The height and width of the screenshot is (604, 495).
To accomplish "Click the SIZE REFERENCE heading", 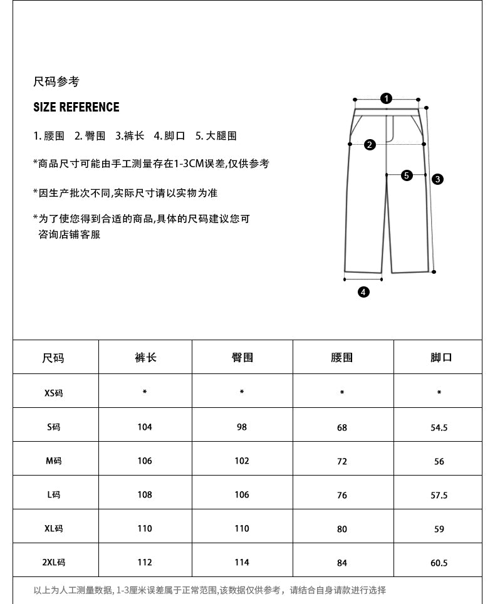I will click(x=76, y=107).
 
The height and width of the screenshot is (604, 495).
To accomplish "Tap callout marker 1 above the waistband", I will click(x=387, y=98).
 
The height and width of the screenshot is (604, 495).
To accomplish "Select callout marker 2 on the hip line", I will click(x=370, y=145).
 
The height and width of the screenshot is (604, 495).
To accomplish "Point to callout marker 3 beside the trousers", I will click(x=438, y=179).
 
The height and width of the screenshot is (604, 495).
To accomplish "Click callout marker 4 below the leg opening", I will click(x=363, y=291).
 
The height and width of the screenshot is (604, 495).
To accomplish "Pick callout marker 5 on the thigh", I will click(x=407, y=175).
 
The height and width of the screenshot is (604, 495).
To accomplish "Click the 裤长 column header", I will click(x=145, y=358).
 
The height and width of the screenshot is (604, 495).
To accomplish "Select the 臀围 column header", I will click(x=242, y=358).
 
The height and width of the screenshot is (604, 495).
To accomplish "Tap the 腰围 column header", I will click(x=342, y=358).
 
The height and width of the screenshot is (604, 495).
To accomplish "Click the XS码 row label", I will click(x=54, y=393).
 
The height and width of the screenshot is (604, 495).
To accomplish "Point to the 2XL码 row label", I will click(x=54, y=563).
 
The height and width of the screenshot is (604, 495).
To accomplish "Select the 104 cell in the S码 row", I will click(x=145, y=427).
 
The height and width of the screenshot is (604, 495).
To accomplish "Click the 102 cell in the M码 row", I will click(x=242, y=461).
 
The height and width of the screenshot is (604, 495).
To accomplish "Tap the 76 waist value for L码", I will click(x=342, y=495).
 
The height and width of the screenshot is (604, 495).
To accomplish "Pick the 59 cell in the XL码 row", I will click(x=439, y=529).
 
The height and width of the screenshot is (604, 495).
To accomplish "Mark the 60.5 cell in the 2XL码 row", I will click(x=439, y=563).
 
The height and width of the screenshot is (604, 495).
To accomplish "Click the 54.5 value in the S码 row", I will click(x=439, y=427).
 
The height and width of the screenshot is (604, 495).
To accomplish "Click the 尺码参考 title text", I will click(x=56, y=82).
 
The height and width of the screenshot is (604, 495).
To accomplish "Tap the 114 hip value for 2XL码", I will click(x=242, y=563).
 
